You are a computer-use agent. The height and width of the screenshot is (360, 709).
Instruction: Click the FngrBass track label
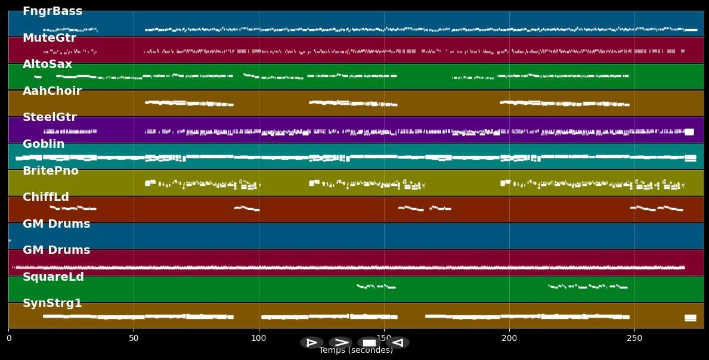52,11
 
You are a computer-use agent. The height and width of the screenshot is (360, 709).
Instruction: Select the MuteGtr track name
49,38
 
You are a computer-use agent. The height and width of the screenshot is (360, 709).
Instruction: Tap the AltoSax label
47,64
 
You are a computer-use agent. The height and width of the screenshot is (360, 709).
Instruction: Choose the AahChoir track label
52,91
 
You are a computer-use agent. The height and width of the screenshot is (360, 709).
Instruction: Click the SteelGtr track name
49,117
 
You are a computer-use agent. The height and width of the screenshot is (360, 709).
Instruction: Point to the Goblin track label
44,144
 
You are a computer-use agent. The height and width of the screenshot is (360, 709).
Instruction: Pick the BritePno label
51,171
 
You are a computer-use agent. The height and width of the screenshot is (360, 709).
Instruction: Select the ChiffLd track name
46,197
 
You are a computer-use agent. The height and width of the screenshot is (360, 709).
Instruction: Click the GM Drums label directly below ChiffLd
56,224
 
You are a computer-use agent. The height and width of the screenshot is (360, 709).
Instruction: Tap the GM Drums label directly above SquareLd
56,250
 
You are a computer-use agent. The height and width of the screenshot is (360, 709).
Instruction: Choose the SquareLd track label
53,277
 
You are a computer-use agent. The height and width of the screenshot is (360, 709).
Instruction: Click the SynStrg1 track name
52,303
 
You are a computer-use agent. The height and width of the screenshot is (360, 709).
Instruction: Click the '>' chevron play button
340,343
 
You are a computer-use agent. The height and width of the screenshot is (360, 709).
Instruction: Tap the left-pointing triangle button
398,343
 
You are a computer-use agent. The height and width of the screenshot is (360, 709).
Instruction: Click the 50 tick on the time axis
134,338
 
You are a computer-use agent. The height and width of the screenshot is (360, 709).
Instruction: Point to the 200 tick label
509,338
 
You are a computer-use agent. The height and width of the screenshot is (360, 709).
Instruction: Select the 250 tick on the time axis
634,338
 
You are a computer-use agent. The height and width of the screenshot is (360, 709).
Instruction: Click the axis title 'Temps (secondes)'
356,350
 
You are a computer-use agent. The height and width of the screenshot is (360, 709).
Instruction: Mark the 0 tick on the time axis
8,338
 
